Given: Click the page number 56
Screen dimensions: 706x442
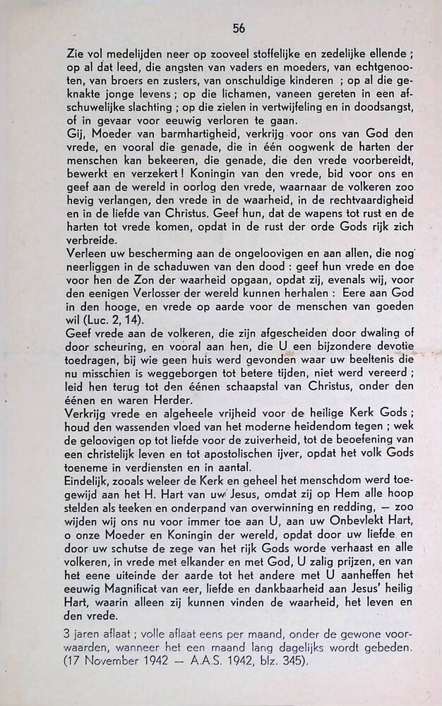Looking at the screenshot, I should tap(239, 28).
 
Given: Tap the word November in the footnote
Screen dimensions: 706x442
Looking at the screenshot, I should tap(113, 664).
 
